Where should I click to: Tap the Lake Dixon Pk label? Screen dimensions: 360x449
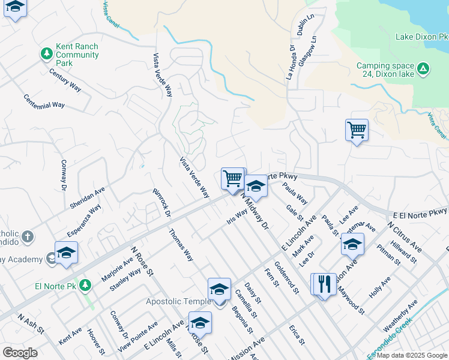point(421,37)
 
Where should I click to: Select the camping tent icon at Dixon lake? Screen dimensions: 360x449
point(423,70)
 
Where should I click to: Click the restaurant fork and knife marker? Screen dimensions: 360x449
point(324,284)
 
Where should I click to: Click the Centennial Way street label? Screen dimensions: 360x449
point(44,101)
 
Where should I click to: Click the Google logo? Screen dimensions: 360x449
point(20,352)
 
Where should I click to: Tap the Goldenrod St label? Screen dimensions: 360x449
point(286,278)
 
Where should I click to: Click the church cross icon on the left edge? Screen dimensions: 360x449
point(27,236)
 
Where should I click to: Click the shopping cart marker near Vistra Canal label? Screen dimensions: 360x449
point(357,129)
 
